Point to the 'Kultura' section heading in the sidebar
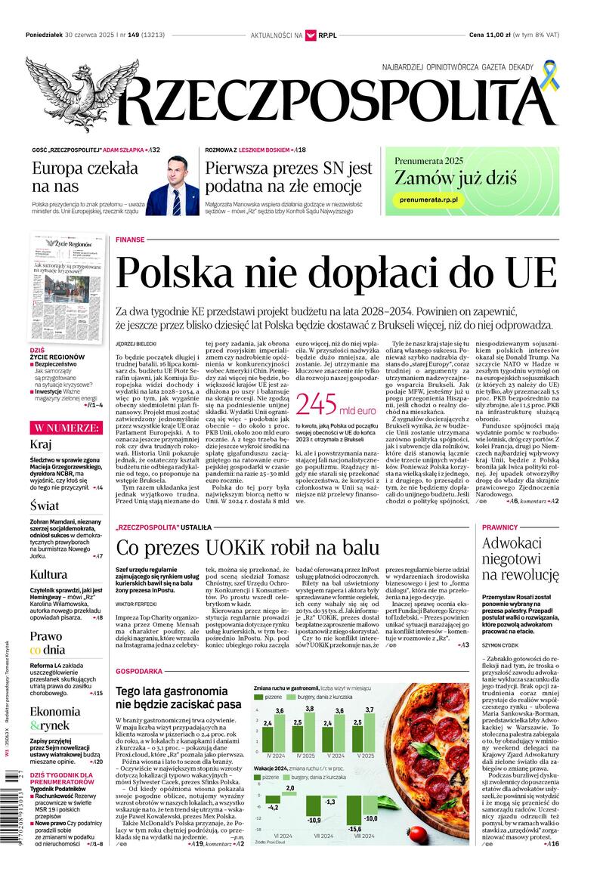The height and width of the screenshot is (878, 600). (x=49, y=574)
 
